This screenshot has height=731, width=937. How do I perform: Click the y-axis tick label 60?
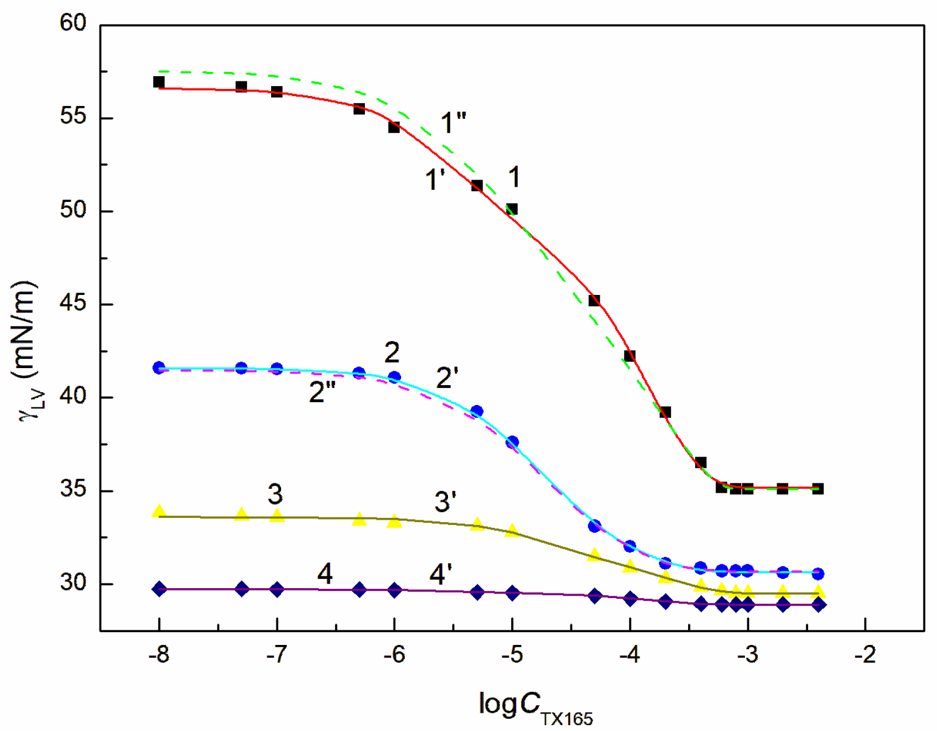[x=73, y=23]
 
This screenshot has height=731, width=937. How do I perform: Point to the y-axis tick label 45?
[x=73, y=303]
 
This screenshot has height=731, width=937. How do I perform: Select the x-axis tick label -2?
[x=864, y=654]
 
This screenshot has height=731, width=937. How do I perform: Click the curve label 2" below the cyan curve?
[x=322, y=392]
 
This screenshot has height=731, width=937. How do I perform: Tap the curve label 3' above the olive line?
[x=445, y=502]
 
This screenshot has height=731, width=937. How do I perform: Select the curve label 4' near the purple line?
[x=440, y=574]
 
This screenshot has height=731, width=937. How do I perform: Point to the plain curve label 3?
[x=275, y=495]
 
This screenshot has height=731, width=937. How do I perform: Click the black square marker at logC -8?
[x=159, y=82]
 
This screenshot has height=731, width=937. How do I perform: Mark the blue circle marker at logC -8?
[x=159, y=368]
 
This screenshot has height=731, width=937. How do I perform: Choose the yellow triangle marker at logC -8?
[x=159, y=512]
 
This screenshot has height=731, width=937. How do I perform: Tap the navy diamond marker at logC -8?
[x=159, y=589]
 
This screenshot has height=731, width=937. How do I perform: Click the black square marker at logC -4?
[x=630, y=356]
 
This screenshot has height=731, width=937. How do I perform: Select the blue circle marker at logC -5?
[x=512, y=442]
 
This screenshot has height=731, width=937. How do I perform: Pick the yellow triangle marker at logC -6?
[x=394, y=521]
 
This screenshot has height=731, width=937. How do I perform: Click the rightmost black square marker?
[x=818, y=489]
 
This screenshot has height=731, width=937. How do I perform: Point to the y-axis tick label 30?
[x=73, y=583]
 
